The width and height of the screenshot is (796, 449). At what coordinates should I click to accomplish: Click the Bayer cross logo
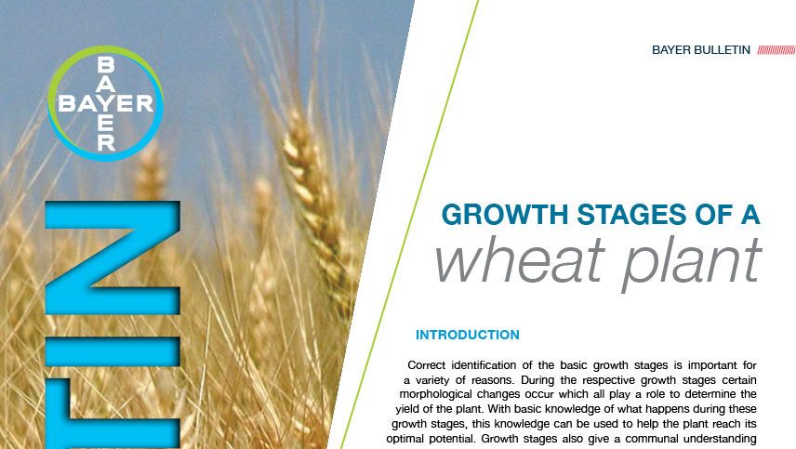(105, 103)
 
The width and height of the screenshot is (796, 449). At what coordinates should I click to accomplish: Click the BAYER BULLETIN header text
(700, 50)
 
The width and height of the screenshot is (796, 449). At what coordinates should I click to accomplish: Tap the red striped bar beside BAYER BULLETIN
(776, 50)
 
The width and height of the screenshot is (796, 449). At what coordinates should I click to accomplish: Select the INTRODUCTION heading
(467, 335)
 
